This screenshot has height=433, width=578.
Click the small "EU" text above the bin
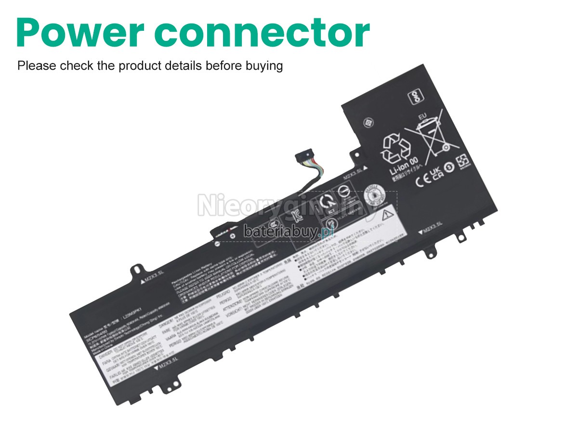click(423, 116)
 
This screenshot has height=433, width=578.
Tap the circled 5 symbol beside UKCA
click(449, 167)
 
